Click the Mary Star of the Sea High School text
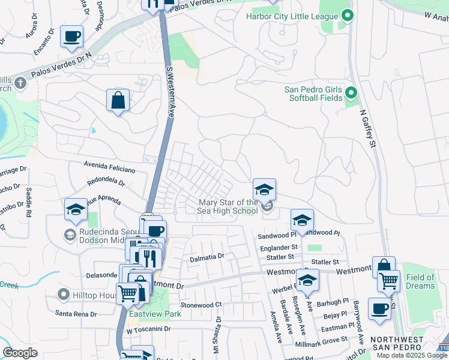click(x=228, y=206)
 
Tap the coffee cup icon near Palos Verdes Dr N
click(x=72, y=37)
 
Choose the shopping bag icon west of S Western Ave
click(x=118, y=101)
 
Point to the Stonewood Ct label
click(x=201, y=305)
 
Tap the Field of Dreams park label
click(x=420, y=281)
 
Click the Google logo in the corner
click(x=20, y=353)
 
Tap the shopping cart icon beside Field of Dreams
click(x=389, y=280)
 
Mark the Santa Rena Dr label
click(x=76, y=313)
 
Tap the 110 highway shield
click(x=443, y=347)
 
